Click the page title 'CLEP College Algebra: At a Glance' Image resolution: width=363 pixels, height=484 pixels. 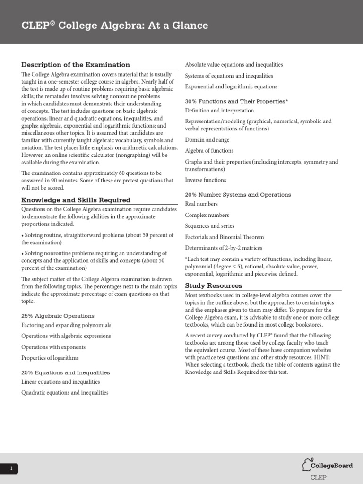pos(115,26)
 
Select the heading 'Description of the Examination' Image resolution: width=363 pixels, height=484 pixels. pos(76,65)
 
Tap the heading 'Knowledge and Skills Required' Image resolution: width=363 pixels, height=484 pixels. pos(76,200)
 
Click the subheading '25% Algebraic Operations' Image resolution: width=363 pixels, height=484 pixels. pos(58,316)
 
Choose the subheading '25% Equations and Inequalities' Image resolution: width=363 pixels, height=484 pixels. pos(65,372)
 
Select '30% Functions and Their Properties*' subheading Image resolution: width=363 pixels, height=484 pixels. pos(236,101)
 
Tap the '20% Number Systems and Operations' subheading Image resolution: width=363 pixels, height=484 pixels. pos(238,194)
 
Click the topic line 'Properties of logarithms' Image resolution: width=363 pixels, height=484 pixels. pos(50,358)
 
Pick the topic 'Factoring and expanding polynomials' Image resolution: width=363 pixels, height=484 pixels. pos(66,325)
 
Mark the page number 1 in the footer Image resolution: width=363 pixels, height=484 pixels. pos(11,469)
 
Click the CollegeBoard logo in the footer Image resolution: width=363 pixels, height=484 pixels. pos(328,466)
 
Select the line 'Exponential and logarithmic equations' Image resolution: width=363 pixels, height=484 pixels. pos(231,87)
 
